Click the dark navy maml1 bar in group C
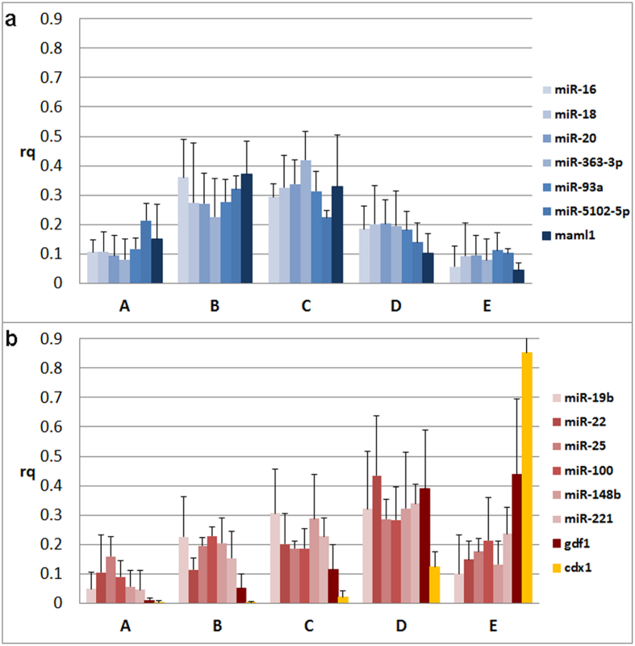point(338,235)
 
